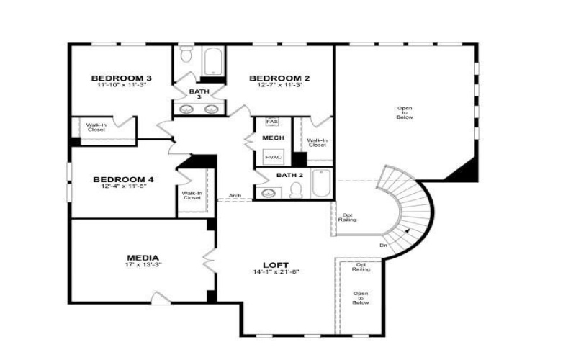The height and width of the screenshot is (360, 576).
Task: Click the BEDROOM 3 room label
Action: [121, 78]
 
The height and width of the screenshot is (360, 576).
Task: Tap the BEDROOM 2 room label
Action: [279, 78]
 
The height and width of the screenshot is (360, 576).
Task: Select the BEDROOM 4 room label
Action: [122, 179]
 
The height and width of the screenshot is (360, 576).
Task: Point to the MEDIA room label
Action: [143, 258]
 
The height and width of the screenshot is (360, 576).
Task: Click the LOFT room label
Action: [276, 264]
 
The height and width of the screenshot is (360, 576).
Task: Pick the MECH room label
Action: [273, 138]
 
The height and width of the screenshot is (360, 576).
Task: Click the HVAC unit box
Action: [273, 156]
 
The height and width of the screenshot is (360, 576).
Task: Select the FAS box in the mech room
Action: [271, 122]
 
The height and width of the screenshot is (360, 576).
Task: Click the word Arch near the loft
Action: [235, 195]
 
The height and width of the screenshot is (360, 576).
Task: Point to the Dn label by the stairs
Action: [382, 246]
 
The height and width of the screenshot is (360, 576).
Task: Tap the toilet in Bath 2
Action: [295, 190]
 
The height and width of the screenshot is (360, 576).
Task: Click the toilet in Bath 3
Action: [185, 55]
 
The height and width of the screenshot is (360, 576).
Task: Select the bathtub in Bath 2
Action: [321, 184]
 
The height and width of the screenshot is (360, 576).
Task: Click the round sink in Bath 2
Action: [269, 192]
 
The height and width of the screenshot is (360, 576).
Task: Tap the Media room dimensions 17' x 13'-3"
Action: [143, 265]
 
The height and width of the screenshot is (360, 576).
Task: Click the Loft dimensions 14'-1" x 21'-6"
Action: [276, 271]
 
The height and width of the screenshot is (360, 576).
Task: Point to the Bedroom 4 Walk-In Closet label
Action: [192, 195]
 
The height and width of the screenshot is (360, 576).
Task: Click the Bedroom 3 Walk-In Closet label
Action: [96, 127]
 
